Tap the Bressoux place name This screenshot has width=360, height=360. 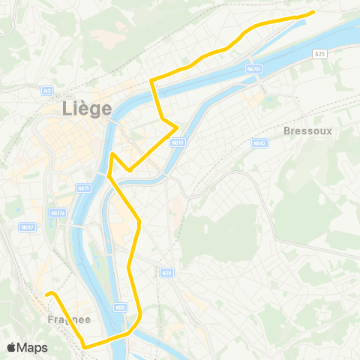[x=307, y=130]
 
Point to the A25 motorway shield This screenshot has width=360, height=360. [x=320, y=53]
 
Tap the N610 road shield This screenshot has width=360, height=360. [x=177, y=142]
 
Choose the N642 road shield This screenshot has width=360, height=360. [x=259, y=142]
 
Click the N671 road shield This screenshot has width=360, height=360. [x=84, y=188]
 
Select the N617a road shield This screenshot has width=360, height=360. [x=58, y=213]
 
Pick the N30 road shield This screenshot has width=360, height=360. [x=166, y=273]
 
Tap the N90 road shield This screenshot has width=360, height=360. [x=120, y=307]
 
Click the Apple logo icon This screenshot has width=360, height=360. [x=12, y=347]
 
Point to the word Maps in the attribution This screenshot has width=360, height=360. [x=33, y=347]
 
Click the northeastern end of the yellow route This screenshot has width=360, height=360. [x=313, y=12]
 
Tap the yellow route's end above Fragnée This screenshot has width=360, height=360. [x=46, y=293]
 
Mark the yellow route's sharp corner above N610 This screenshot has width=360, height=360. [x=177, y=126]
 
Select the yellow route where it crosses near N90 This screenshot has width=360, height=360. [x=132, y=328]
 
